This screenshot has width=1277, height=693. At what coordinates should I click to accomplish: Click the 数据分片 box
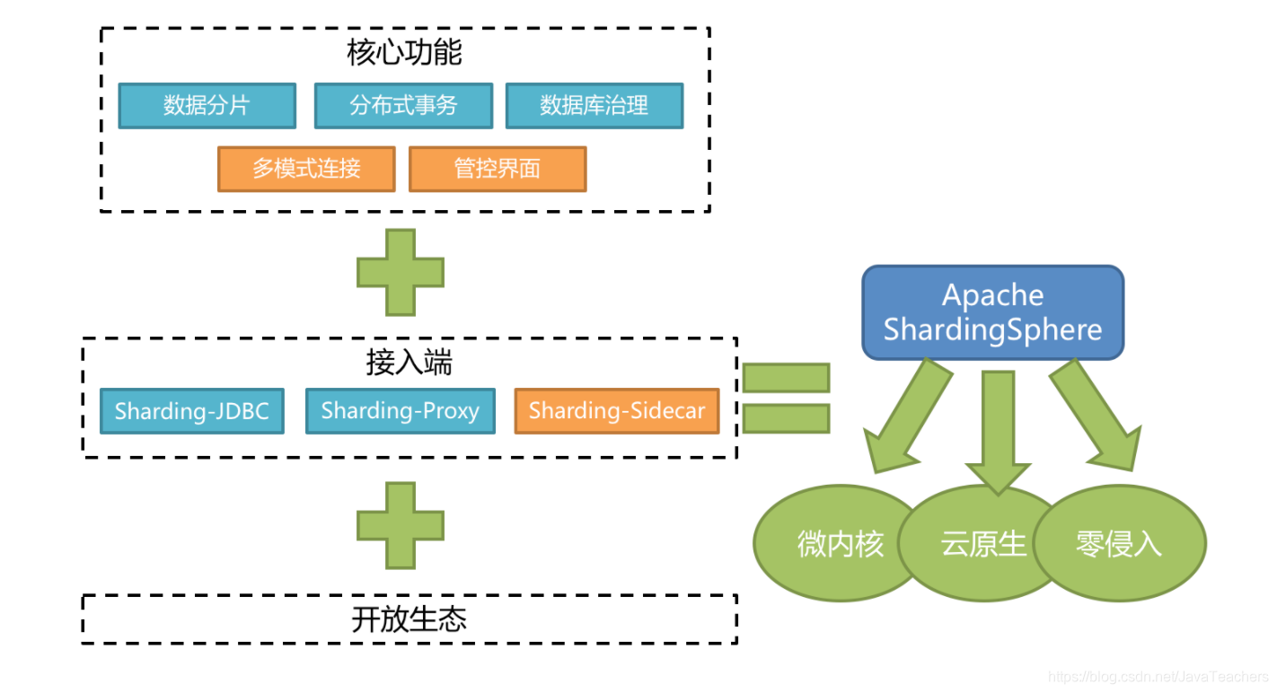(207, 106)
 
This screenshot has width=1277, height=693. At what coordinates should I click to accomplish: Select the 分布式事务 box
(403, 106)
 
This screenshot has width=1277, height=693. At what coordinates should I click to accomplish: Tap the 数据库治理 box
(594, 106)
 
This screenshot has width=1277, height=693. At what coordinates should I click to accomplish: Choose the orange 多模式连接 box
(306, 169)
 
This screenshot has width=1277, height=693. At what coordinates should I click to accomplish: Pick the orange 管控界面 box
(497, 169)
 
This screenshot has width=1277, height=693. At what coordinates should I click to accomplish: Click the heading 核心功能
(404, 53)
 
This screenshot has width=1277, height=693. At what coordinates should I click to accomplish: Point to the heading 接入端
(409, 363)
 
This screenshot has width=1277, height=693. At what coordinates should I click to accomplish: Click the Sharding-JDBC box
(192, 411)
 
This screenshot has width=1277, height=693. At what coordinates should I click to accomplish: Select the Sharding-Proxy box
(400, 411)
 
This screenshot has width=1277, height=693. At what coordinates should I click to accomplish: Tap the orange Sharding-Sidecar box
(616, 411)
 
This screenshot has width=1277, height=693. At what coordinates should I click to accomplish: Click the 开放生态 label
(409, 619)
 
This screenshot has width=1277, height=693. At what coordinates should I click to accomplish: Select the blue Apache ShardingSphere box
(992, 312)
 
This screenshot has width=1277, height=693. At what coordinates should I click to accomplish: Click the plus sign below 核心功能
(401, 272)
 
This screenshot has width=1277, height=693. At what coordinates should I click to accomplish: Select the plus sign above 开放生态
(401, 525)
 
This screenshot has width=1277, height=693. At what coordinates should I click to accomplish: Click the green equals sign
(786, 398)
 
